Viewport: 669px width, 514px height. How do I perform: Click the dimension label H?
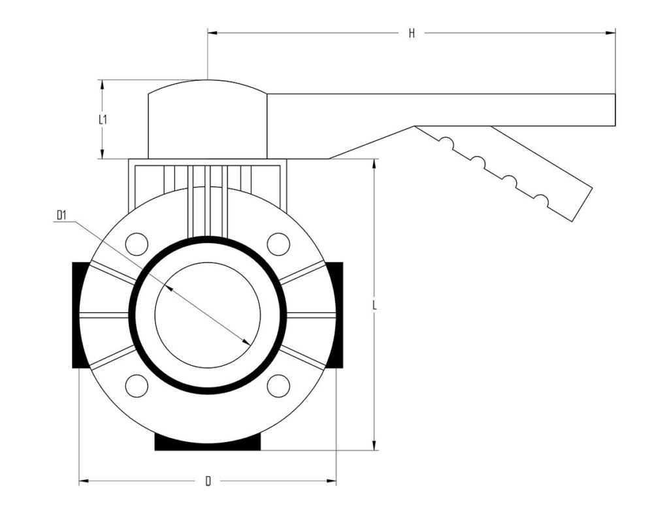(x=412, y=33)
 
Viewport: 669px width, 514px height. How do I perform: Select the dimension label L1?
(x=103, y=120)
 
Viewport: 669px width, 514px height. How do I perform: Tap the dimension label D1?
(x=61, y=216)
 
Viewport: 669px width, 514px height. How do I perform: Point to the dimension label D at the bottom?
(x=208, y=481)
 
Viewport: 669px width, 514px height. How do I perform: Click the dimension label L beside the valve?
(x=374, y=305)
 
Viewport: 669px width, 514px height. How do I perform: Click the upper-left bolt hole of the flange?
(x=137, y=244)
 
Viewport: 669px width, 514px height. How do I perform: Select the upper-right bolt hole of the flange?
(x=278, y=244)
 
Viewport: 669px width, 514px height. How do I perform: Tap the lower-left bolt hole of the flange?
(x=137, y=385)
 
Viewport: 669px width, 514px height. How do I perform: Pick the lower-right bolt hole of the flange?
(x=278, y=385)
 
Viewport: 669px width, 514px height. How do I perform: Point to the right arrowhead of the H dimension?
(x=611, y=33)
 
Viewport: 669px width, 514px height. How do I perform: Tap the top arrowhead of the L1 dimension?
(x=102, y=85)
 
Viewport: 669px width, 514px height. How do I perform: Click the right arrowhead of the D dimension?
(x=331, y=481)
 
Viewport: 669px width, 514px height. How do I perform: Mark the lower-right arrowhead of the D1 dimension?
(x=246, y=342)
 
